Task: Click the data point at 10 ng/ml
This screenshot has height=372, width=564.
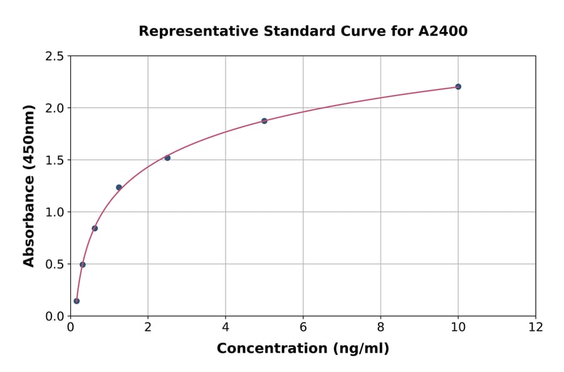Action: pos(458,86)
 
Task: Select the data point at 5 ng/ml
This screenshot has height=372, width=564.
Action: pos(264,121)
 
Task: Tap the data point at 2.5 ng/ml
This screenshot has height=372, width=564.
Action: pos(167,158)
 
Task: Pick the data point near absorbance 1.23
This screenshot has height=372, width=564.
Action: pos(119,187)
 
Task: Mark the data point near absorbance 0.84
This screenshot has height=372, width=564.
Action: pos(95,228)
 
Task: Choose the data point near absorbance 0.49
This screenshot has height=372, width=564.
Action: pos(83,264)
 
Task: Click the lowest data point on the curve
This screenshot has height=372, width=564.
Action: pos(76,301)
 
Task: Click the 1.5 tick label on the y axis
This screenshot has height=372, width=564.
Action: pos(55,160)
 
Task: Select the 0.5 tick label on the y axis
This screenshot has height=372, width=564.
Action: pos(55,264)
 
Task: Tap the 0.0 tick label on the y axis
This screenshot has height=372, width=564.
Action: pos(55,316)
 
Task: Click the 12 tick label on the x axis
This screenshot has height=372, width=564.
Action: pos(536,328)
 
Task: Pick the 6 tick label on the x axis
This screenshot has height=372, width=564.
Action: pos(303,328)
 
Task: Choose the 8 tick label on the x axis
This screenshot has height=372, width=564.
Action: pos(381,328)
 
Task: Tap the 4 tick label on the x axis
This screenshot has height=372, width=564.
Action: pos(226,328)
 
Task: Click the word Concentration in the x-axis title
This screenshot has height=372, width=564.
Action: pos(271,349)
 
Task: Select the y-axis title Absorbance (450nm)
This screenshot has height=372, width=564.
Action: pos(29,186)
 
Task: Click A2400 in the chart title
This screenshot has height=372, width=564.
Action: pos(442,31)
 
